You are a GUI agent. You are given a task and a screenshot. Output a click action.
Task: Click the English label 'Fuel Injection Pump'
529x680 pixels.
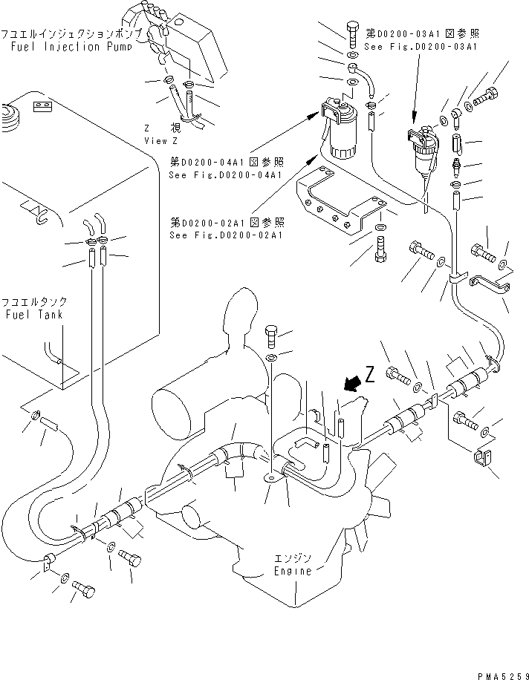coord(71,47)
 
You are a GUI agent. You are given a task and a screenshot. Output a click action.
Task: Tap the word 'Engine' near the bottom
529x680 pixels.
coord(292,571)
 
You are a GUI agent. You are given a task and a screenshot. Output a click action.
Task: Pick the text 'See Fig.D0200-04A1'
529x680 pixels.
coord(225,175)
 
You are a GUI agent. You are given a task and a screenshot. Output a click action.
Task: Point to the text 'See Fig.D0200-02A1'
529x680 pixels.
coord(225,235)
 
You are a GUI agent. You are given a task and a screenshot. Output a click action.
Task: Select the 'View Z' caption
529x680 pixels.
coord(162,140)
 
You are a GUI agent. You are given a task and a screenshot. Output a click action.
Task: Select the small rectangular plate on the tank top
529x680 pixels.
coord(44,108)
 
